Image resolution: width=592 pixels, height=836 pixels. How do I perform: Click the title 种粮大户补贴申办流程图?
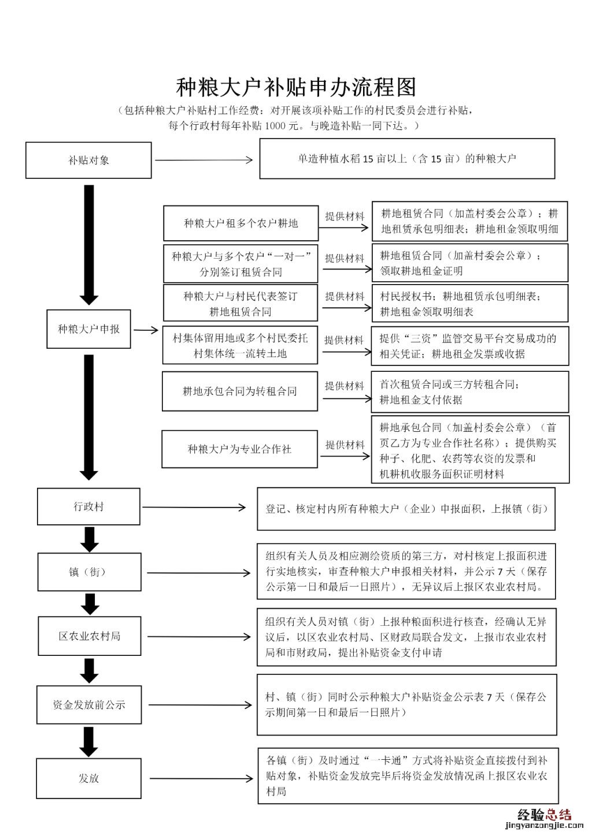[x=296, y=87]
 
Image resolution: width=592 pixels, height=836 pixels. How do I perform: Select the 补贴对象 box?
[x=88, y=160]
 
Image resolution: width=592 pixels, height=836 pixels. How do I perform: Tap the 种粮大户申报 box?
[x=88, y=329]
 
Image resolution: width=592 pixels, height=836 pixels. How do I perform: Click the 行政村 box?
[x=88, y=507]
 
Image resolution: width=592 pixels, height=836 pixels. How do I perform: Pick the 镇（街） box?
[x=88, y=572]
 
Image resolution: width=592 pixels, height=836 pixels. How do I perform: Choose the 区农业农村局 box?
[x=89, y=636]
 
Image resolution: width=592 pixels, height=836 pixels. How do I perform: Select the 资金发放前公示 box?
[x=89, y=704]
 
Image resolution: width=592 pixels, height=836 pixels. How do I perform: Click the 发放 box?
[x=88, y=778]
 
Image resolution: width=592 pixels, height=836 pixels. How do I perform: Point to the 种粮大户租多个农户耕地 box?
[x=240, y=223]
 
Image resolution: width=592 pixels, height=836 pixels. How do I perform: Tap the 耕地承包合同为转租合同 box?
[x=239, y=391]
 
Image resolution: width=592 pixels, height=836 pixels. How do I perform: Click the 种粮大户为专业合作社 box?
[x=239, y=449]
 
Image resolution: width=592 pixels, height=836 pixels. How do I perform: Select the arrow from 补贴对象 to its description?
[x=203, y=160]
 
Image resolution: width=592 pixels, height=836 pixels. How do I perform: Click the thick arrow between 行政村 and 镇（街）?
[x=89, y=539]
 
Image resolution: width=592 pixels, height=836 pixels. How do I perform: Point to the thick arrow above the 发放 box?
[x=88, y=741]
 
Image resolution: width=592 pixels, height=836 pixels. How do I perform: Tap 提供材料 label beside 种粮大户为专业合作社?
[x=345, y=445]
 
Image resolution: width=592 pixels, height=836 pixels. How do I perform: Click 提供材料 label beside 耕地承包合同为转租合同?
[x=345, y=386]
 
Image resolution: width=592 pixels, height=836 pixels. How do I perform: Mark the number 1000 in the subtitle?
[x=275, y=125]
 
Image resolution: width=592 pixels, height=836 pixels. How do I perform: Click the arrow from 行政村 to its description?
[x=194, y=507]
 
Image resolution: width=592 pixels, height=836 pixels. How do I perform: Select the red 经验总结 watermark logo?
[x=543, y=815]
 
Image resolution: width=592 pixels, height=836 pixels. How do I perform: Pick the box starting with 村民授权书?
[x=469, y=304]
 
